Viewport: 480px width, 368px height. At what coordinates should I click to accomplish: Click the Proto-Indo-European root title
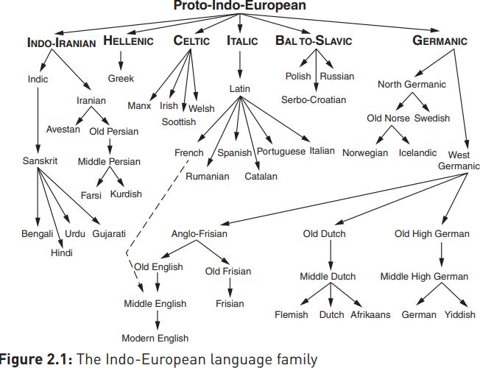coord(240,6)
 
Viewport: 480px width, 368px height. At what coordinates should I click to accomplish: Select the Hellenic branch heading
coord(130,40)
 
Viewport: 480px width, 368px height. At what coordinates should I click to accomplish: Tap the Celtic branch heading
coord(192,40)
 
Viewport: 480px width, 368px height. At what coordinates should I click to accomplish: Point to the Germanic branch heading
coord(440,41)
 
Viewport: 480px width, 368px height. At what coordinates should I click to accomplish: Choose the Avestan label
coord(63,129)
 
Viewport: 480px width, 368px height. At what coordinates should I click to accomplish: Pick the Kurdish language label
coord(126,194)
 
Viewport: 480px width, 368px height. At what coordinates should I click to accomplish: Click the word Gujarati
coord(109,234)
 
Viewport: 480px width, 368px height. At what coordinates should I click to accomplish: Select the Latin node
coord(241,88)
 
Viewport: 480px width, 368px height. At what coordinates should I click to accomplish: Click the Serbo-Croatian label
coord(314,99)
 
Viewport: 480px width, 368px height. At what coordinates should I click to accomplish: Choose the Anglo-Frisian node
coord(200,234)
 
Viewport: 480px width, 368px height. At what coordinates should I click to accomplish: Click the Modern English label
coord(155,339)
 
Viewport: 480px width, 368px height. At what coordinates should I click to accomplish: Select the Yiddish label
coord(460,314)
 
